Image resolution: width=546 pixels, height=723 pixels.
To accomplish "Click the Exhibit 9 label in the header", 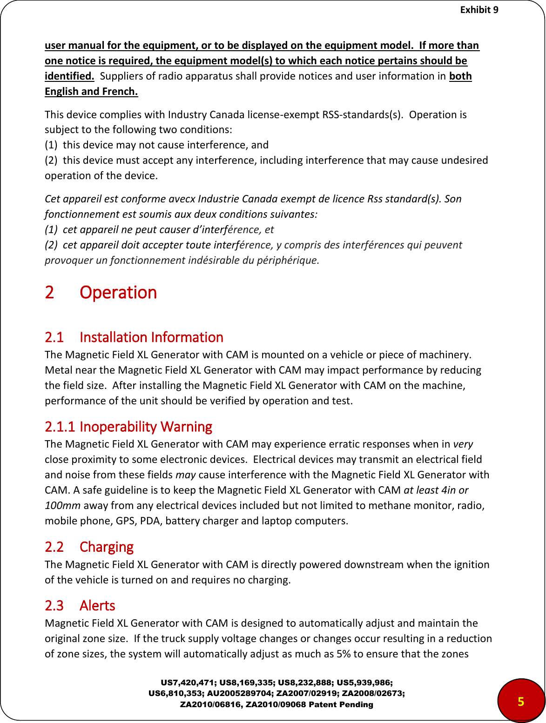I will pos(479,9).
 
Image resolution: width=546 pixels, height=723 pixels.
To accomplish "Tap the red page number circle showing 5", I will pos(521,701).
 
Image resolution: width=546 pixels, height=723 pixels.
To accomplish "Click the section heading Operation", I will pos(118,293).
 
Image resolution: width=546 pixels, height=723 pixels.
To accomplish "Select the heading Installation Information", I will pos(151,337).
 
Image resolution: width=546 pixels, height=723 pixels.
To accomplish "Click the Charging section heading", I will pos(107,547).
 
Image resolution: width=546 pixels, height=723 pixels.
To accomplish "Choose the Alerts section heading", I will pos(97,606).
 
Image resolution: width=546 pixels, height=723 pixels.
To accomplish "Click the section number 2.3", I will pos(54,606).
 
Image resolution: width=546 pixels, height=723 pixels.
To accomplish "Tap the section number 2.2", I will pos(54,547).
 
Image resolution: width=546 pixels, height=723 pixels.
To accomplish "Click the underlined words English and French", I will pos(91,91).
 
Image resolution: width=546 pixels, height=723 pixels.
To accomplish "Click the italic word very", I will pos(463,444).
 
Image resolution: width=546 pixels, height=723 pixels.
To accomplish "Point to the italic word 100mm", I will pos(62,505).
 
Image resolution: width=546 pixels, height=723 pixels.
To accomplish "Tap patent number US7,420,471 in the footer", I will pos(188,683).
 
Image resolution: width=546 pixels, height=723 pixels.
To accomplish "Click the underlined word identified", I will pos(69,76).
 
